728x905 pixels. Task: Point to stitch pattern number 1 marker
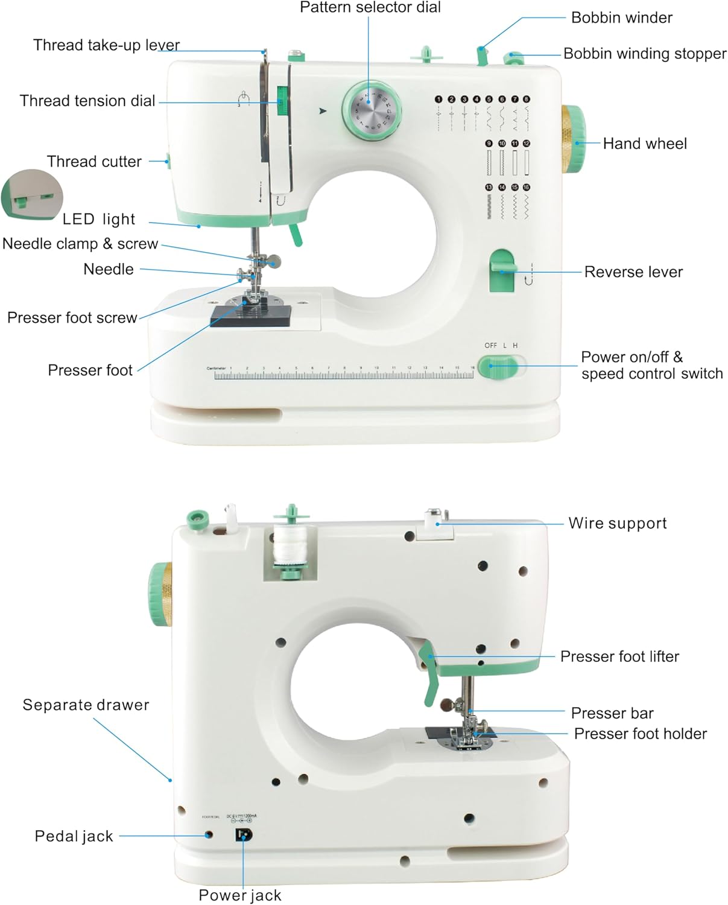[x=438, y=99]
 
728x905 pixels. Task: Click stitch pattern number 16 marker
[x=527, y=188]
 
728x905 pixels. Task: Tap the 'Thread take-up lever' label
[x=106, y=45]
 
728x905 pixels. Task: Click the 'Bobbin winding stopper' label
[x=644, y=54]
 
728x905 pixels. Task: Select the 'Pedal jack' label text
[x=74, y=836]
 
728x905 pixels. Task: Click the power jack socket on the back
[x=243, y=835]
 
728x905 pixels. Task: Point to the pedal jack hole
[x=209, y=835]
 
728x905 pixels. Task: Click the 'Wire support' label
[x=617, y=523]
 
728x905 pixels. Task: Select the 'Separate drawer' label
[x=86, y=705]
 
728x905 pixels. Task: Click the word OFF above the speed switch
[x=490, y=346]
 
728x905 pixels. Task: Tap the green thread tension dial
[x=280, y=100]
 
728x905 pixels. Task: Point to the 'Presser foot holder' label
[x=640, y=734]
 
